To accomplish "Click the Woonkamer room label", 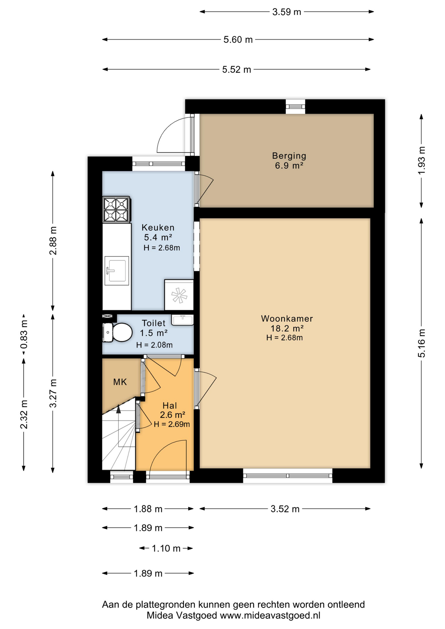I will coord(287,318).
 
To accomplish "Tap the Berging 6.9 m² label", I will coord(289,161).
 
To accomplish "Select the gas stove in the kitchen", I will coord(116,210).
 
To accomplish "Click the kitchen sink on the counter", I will coord(117,271).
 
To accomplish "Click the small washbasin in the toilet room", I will coord(183,320).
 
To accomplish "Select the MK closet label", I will coord(120,382).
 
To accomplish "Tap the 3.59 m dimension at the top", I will coord(286,12).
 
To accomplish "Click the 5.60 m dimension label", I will coord(238,40).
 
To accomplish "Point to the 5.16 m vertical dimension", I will coord(421,343).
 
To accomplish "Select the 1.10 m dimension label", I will coord(166,548).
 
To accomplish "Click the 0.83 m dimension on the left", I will coord(24,334).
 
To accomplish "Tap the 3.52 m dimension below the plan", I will coord(285,509).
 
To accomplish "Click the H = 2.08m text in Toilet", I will coord(154,345).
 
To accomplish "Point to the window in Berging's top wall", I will coord(295,106).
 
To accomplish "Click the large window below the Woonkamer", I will coord(287,476).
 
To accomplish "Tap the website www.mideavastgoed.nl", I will coord(270,615).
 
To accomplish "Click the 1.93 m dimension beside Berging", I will coord(421,161).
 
